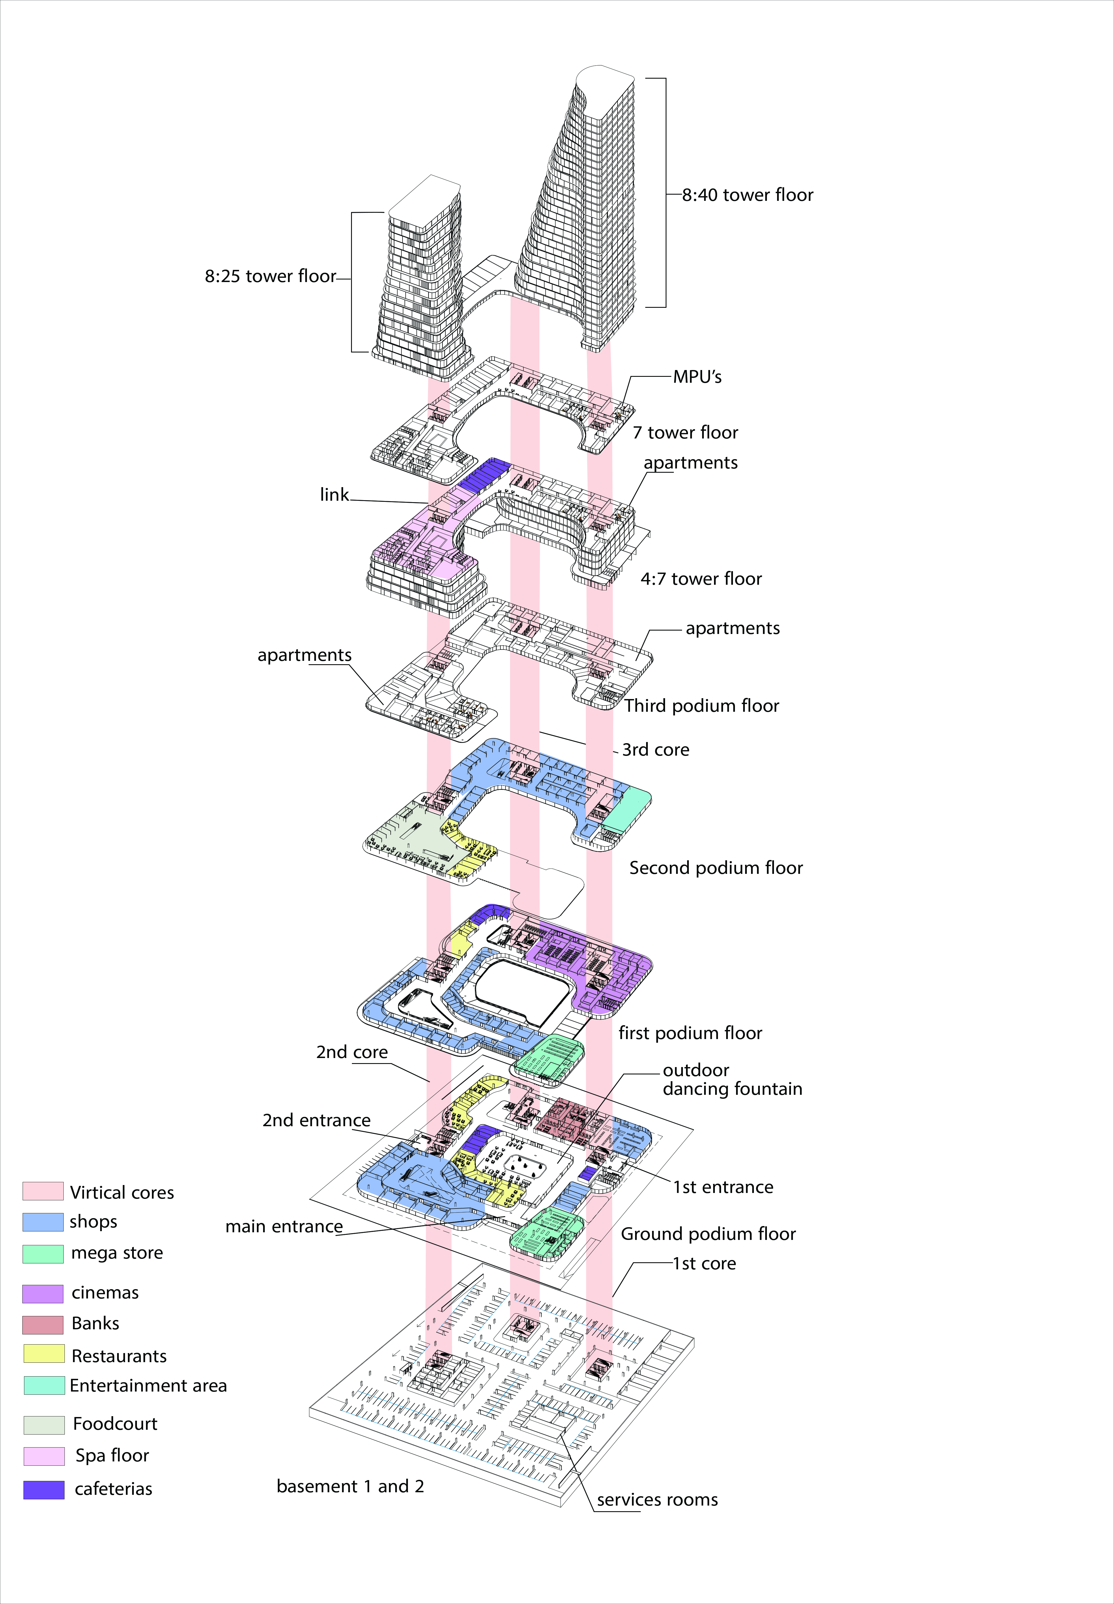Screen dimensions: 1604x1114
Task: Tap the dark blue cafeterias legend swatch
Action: [43, 1489]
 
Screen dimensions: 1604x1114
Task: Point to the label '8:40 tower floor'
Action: [747, 195]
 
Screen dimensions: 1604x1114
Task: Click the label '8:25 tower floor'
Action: [270, 276]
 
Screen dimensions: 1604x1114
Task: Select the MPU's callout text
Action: [696, 377]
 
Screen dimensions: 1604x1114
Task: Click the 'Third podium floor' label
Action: [702, 706]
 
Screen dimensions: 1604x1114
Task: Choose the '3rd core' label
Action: [655, 750]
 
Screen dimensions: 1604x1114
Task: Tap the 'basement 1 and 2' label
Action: [350, 1486]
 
